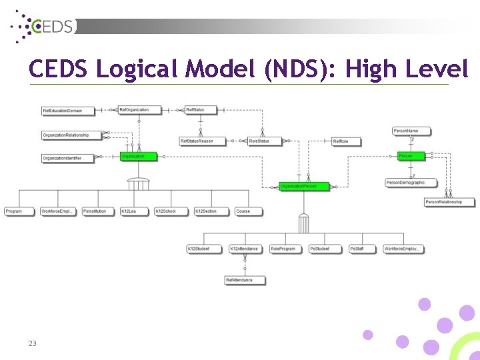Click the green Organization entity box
138,157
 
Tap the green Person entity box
409,156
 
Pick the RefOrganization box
139,110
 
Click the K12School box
171,211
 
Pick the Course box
247,211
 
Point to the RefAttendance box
245,280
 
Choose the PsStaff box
362,249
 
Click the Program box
19,211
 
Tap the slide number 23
32,343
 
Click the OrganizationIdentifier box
67,158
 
